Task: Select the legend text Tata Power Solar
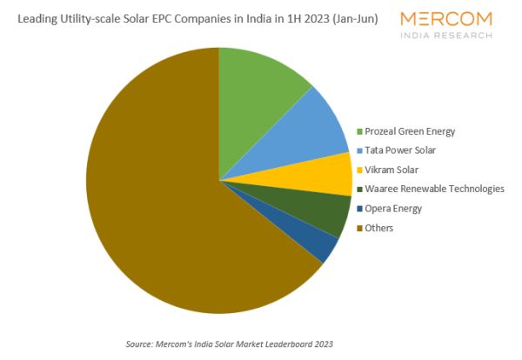pos(401,150)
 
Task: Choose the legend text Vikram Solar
pos(392,170)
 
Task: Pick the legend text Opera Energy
pos(394,209)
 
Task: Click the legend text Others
pos(379,228)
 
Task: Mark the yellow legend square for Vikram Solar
pos(359,170)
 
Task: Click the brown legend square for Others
pos(359,228)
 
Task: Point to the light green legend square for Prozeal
pos(359,132)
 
